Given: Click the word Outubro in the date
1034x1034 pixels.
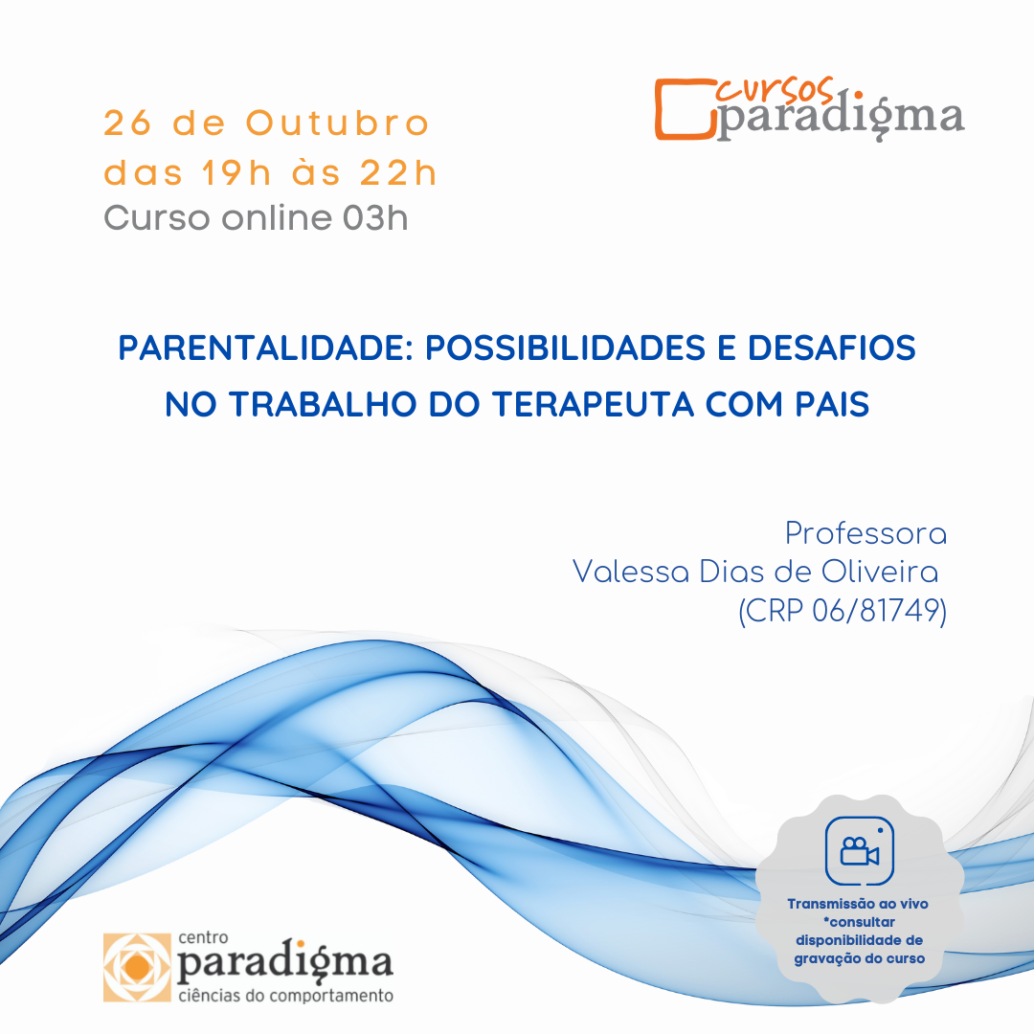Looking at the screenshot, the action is click(x=338, y=124).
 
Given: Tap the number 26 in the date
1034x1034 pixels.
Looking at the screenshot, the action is click(x=128, y=124).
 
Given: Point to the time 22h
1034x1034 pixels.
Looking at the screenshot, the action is click(x=397, y=172).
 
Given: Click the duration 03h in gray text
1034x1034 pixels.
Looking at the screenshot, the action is click(x=375, y=217).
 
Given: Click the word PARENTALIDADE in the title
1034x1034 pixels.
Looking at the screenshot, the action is click(x=266, y=348).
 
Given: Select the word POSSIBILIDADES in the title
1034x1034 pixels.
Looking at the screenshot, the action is click(x=565, y=348).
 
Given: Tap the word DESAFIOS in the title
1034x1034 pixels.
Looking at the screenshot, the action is click(x=832, y=348).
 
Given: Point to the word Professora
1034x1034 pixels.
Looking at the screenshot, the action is click(x=865, y=533).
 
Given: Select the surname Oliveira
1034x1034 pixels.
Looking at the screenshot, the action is click(x=880, y=571).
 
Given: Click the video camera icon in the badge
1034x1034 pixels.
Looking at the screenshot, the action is click(x=859, y=851).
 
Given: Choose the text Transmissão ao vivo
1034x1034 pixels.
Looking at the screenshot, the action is click(x=858, y=904).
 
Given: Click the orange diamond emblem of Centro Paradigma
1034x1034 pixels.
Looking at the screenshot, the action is click(x=137, y=967).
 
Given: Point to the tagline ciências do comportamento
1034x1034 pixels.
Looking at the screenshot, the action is click(x=285, y=995).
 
